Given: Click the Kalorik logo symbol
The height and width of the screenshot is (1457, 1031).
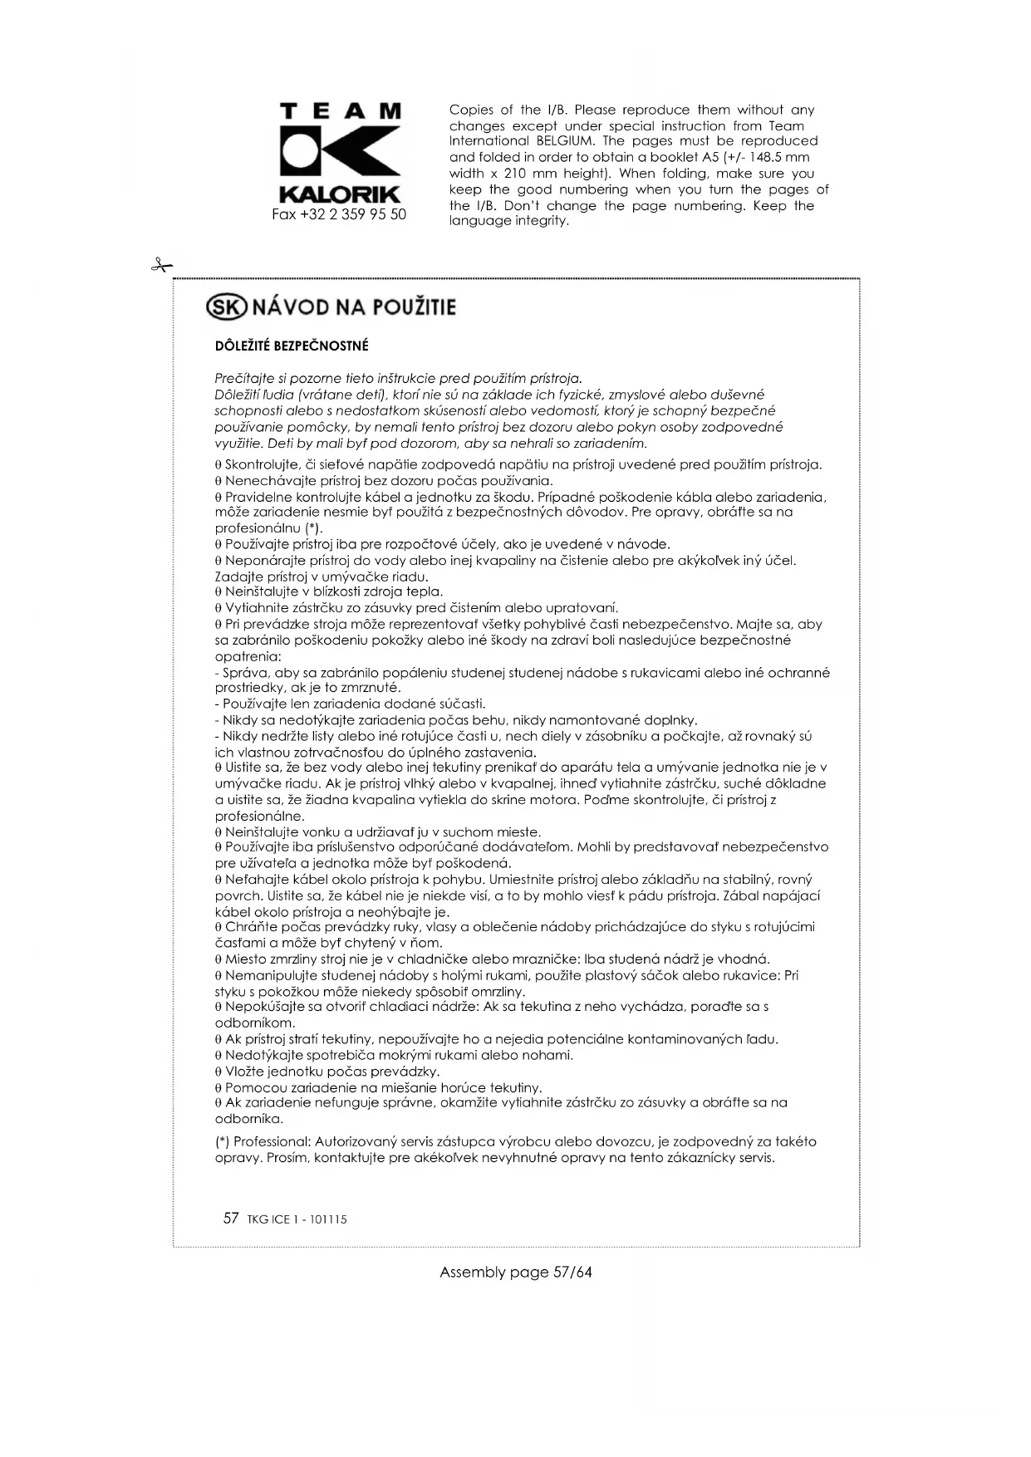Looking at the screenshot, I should [340, 151].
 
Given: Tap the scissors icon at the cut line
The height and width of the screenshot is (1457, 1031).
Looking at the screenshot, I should [160, 266].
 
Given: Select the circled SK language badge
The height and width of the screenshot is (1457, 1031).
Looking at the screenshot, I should [226, 307].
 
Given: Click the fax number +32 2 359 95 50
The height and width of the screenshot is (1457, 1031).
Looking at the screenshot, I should [339, 214].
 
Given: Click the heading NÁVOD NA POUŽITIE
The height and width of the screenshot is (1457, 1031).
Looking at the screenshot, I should [353, 307].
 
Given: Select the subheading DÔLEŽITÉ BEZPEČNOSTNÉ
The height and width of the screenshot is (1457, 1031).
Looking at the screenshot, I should [292, 346].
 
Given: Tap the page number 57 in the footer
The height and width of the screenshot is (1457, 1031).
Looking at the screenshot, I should [231, 1219].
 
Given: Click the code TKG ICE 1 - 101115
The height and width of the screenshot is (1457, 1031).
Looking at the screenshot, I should [297, 1219].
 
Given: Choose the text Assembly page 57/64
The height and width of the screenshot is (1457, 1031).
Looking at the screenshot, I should [515, 1272].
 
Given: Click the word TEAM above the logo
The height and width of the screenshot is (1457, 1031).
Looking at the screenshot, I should [340, 111].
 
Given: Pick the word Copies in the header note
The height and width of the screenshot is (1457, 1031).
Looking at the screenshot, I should [470, 110].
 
